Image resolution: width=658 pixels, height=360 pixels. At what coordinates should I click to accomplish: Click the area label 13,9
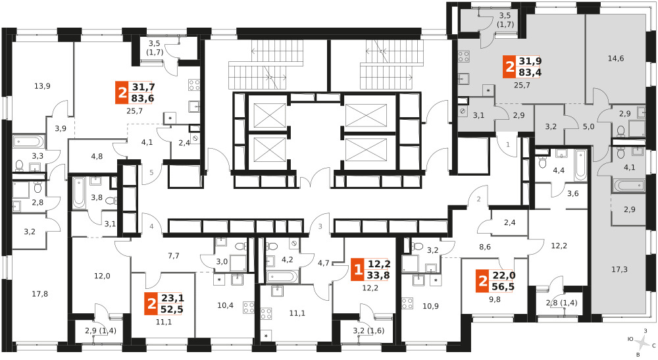[42, 86]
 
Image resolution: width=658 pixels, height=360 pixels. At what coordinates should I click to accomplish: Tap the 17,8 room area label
[40, 294]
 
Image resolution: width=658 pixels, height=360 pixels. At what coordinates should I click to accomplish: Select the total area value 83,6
[143, 98]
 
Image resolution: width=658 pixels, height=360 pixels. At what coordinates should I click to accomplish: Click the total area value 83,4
[530, 72]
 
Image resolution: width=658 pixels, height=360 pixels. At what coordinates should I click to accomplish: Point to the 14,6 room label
[616, 59]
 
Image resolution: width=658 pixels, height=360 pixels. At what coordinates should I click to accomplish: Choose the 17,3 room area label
[619, 269]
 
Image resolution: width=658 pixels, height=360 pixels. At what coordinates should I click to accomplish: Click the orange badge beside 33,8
[358, 269]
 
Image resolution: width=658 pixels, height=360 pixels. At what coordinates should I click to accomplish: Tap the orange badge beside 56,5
[483, 281]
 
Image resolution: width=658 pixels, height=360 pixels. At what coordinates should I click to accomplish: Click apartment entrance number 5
[151, 172]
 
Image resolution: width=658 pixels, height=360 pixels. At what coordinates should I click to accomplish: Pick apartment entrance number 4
[151, 227]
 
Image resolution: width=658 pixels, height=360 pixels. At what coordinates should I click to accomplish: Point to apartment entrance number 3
[320, 227]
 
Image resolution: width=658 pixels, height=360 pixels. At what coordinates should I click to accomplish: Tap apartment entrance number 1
[508, 145]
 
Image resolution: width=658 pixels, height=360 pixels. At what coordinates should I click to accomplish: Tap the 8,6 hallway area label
[485, 247]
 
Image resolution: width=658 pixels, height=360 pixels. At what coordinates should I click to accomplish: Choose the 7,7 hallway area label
[173, 255]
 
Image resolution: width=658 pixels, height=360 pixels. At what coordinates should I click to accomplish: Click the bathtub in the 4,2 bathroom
[282, 276]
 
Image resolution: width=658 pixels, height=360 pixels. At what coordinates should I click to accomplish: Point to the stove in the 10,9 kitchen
[407, 303]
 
